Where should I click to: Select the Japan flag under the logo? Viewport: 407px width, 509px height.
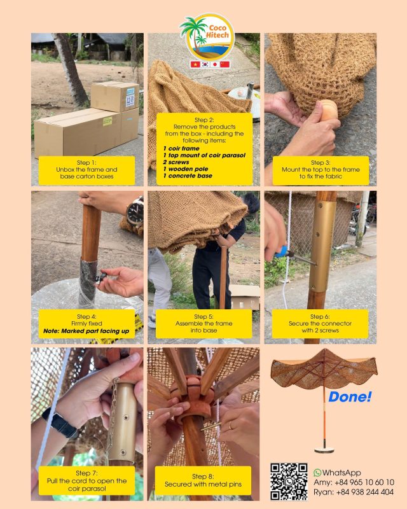[215, 64]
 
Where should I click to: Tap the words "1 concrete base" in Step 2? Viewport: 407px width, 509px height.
[188, 175]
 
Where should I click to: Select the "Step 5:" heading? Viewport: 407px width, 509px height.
[203, 316]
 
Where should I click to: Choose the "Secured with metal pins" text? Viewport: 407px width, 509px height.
[203, 484]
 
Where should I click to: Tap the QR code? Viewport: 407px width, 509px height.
[289, 482]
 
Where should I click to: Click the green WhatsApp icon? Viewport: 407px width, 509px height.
[317, 473]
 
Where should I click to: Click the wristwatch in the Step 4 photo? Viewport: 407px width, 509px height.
[135, 212]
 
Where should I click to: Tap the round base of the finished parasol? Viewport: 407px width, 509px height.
[324, 450]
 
